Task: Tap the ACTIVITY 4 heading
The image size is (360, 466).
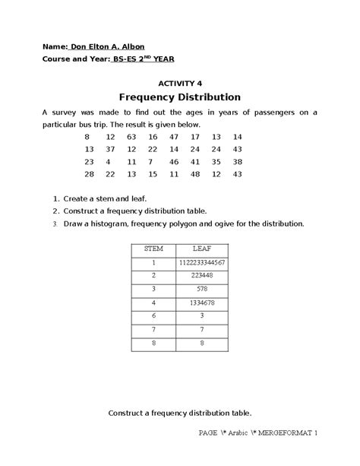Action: coord(180,84)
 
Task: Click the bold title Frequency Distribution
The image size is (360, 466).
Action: coord(180,98)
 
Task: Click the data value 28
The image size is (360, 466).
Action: coord(89,175)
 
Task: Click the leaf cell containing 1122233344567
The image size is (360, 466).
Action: coord(201,262)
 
